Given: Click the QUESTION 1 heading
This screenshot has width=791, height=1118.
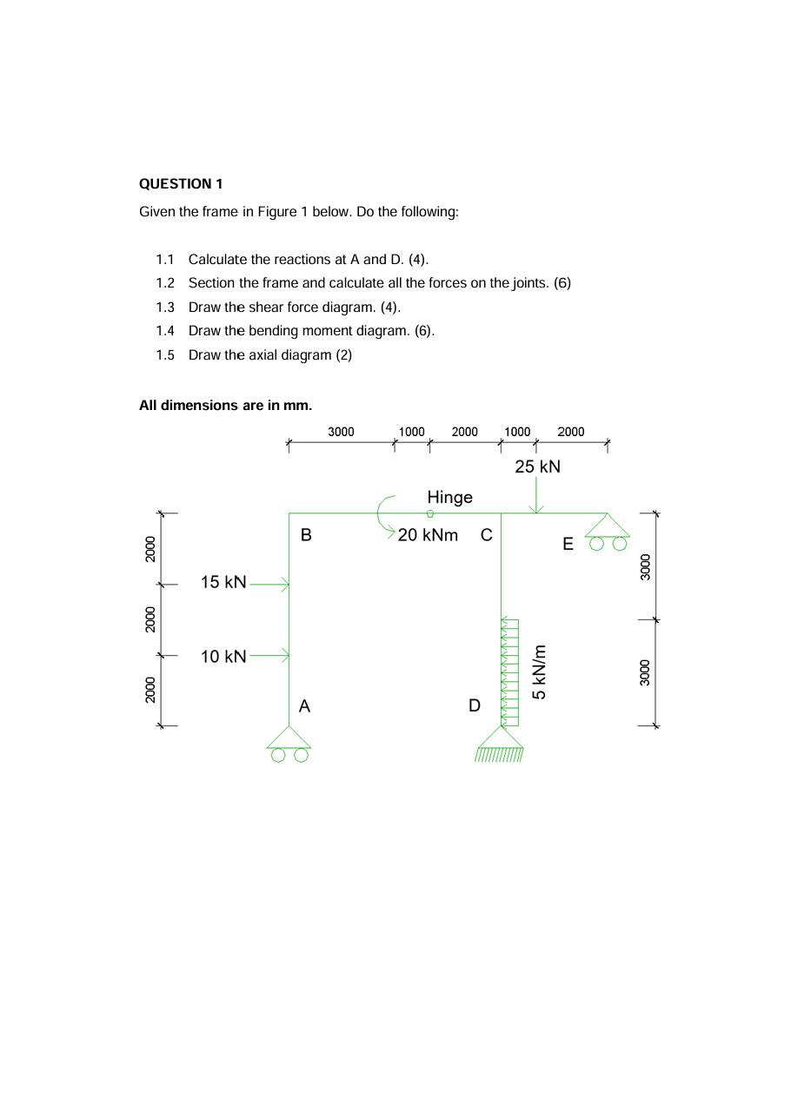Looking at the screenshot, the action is (x=181, y=184).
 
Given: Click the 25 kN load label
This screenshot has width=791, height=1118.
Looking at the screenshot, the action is (x=537, y=466).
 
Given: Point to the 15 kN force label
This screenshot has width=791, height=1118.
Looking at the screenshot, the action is (x=223, y=582).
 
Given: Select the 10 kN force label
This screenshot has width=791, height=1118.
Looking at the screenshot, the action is (x=223, y=657).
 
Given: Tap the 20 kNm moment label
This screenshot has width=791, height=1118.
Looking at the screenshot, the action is (x=428, y=535).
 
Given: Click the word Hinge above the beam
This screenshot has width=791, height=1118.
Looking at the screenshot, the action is (x=449, y=497).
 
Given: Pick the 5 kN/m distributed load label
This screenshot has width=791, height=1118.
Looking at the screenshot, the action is (x=540, y=671).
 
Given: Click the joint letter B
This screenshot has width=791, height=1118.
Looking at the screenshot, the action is (x=306, y=535).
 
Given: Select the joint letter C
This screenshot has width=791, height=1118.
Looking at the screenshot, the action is (x=487, y=535).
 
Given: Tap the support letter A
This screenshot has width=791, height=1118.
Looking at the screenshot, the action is (x=304, y=706).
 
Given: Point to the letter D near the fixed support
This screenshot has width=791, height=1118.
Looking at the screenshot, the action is (x=475, y=705).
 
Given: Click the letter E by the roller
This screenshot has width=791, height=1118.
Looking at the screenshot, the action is (x=568, y=545).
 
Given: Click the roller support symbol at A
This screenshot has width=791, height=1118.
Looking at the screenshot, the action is (x=289, y=744).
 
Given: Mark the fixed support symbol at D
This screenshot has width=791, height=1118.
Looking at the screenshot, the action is (x=500, y=744).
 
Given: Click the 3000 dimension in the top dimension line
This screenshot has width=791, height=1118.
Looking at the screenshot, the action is (x=341, y=432).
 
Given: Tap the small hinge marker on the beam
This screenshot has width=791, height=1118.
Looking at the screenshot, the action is (x=430, y=513).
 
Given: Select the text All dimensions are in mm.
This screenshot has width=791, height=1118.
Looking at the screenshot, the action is (x=225, y=405).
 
